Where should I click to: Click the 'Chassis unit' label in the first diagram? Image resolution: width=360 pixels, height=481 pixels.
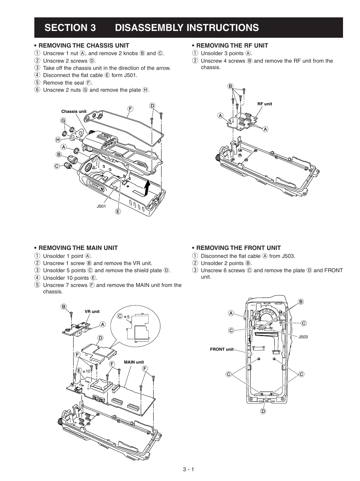[x=74, y=111]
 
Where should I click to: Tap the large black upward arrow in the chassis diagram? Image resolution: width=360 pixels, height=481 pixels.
[x=147, y=187]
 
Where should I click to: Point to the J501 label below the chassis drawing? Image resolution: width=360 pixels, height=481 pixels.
[x=101, y=206]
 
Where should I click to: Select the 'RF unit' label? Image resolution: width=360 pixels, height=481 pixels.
[x=265, y=104]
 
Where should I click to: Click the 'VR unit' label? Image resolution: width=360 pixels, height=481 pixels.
[x=92, y=311]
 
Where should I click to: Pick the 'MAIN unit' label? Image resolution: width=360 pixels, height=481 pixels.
[x=134, y=362]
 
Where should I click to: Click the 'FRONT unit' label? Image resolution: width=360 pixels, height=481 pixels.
[x=222, y=349]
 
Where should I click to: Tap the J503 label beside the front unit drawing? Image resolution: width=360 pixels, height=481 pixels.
[x=303, y=337]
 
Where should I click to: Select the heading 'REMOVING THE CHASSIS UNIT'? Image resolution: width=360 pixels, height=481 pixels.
[x=84, y=45]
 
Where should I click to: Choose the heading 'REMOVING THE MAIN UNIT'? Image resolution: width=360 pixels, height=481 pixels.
[x=78, y=248]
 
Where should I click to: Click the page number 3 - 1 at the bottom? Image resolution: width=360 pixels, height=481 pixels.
[x=188, y=470]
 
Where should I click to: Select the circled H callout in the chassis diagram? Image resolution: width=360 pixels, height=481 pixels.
[x=58, y=140]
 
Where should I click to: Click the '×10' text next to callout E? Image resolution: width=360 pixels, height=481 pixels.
[x=87, y=371]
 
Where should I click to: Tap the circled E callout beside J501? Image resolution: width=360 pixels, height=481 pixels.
[x=118, y=211]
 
